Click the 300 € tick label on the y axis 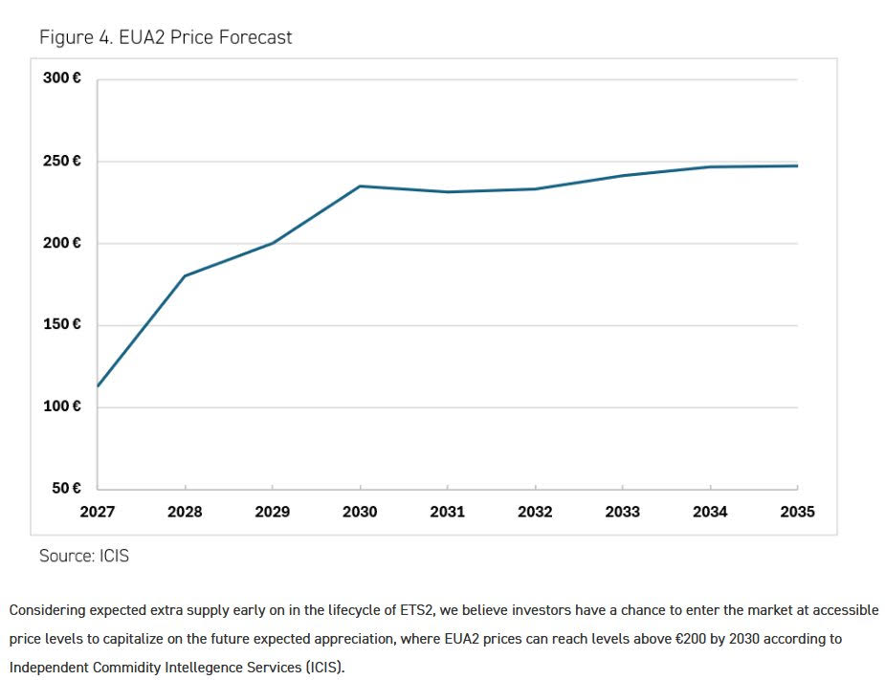coord(62,77)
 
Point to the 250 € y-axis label coord(62,161)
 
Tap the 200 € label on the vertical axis coord(62,243)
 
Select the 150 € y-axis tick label coord(62,324)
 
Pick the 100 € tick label coord(62,406)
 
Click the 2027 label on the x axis coord(98,512)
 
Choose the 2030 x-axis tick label coord(360,512)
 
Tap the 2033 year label coord(623,512)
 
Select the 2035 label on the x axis coord(797,512)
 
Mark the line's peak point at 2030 coord(360,186)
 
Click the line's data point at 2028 coord(185,275)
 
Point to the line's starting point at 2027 coord(98,386)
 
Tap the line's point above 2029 coord(273,243)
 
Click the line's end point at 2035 coord(797,165)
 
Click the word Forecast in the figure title coord(255,37)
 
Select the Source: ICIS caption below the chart coord(84,556)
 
